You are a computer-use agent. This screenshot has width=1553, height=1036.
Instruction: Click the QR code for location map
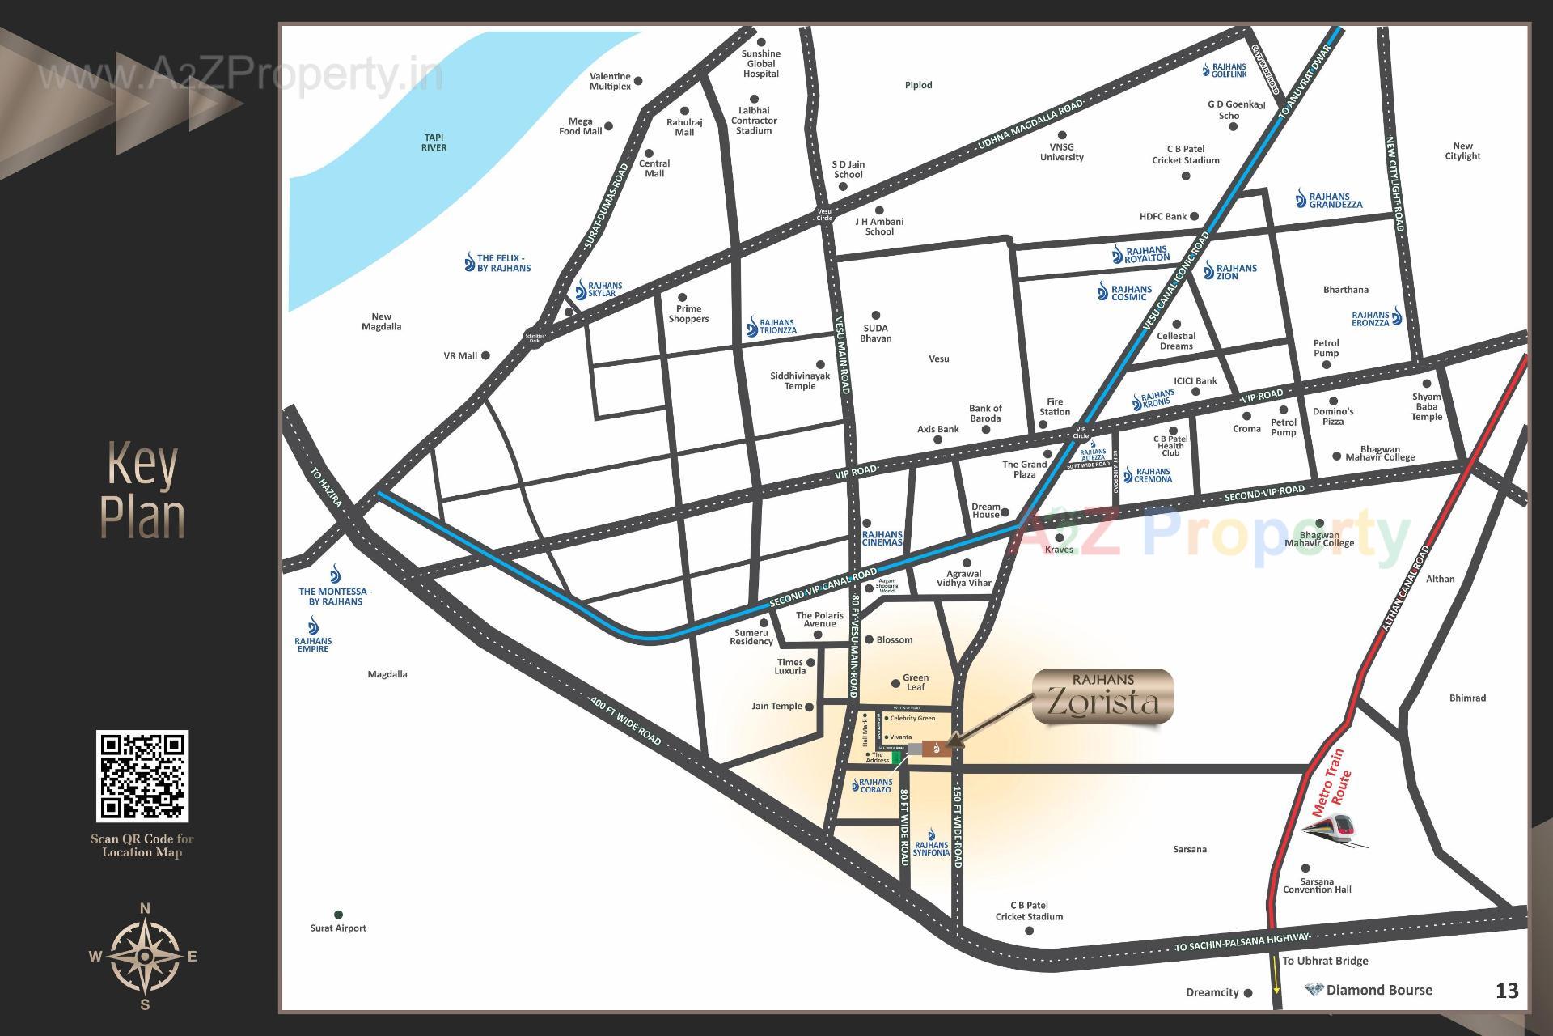tap(142, 776)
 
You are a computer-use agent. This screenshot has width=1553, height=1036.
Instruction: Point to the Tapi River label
tap(434, 142)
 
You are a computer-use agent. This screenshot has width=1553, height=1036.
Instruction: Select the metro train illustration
tap(1331, 830)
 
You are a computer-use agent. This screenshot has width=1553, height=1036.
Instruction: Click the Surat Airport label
tap(338, 928)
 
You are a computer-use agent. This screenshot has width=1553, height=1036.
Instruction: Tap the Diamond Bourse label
tap(1378, 990)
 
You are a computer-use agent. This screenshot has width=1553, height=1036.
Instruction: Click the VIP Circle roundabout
tap(1081, 432)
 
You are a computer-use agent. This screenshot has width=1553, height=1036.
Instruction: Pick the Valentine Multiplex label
tap(610, 81)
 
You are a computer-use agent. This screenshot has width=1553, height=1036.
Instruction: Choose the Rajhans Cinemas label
tap(882, 537)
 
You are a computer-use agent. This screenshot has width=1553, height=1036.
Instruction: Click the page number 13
tap(1507, 991)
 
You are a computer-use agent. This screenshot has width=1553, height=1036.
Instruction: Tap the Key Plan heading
tap(142, 491)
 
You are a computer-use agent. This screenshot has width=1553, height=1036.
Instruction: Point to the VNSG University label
tap(1061, 152)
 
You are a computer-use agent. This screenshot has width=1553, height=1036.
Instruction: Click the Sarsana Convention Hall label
tap(1317, 885)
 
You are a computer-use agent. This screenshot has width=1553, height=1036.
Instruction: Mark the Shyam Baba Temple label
tap(1426, 406)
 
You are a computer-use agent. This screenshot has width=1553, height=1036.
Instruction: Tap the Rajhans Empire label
tap(313, 644)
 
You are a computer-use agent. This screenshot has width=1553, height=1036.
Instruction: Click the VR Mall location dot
tap(485, 355)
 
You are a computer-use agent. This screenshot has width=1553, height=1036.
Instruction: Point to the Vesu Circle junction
tap(824, 214)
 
